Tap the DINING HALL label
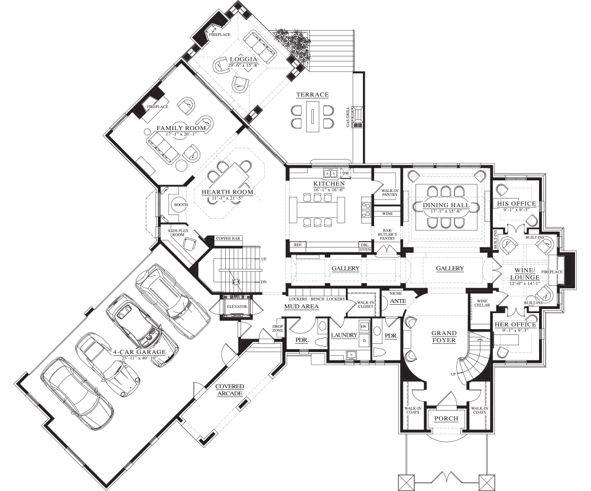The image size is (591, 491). click(446, 205)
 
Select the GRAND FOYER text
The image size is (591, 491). click(443, 336)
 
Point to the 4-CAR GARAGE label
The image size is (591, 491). click(139, 352)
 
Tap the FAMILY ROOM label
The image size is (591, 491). click(181, 128)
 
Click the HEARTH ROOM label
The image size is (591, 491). click(227, 192)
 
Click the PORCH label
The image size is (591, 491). click(446, 418)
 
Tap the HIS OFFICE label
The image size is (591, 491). click(516, 204)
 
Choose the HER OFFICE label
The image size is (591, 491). click(515, 324)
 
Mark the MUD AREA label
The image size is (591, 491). click(301, 307)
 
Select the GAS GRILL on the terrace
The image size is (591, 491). click(357, 116)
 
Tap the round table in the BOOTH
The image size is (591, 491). click(177, 205)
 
